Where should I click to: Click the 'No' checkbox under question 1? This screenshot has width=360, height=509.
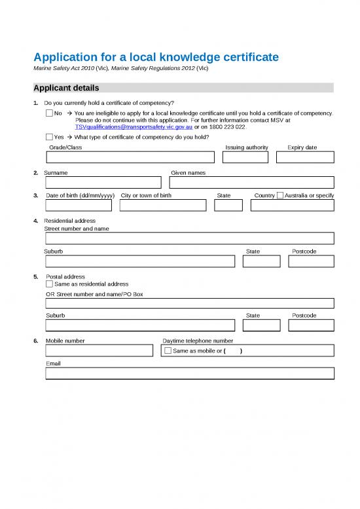(x=50, y=113)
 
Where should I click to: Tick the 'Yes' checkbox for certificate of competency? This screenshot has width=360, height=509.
(x=50, y=138)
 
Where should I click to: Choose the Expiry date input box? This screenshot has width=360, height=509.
(x=305, y=157)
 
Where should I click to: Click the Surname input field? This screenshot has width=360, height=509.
(x=103, y=182)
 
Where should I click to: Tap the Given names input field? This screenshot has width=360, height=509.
(x=252, y=182)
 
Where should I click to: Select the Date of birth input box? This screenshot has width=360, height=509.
(x=79, y=206)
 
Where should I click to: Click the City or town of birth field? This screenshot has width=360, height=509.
(x=163, y=206)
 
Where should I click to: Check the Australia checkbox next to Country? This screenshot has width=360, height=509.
(x=280, y=195)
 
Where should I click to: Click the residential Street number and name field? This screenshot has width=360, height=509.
(x=190, y=238)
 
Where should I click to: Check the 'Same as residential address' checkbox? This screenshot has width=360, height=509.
(x=50, y=284)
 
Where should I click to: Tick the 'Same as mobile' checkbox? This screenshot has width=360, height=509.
(x=168, y=351)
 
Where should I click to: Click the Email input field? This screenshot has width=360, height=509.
(x=190, y=373)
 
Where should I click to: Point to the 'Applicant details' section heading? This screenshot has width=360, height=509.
(x=67, y=88)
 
